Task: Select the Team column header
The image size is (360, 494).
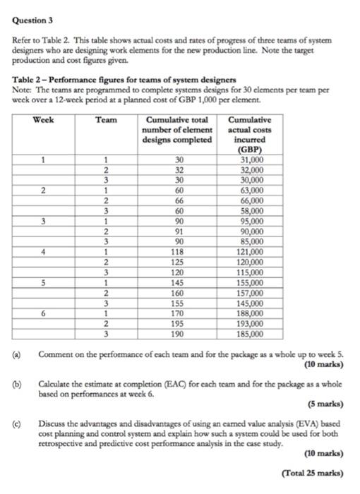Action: point(106,120)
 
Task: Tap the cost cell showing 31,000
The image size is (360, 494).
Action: point(251,160)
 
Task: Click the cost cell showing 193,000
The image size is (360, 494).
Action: point(251,325)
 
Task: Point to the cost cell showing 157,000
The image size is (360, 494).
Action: point(251,292)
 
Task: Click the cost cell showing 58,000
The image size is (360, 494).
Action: point(251,210)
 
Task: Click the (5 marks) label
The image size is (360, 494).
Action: point(326,404)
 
